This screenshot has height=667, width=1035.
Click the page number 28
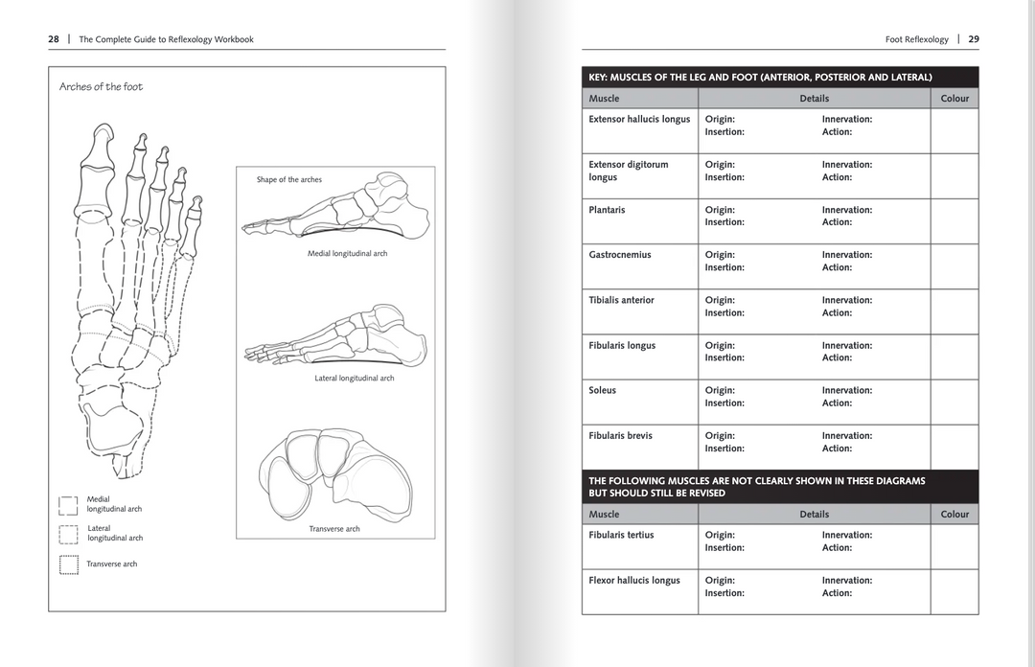point(54,39)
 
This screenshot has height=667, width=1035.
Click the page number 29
point(974,39)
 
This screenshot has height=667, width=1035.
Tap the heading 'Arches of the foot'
point(101,87)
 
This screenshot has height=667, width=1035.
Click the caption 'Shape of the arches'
point(289,180)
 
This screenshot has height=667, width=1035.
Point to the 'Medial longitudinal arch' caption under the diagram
point(347,254)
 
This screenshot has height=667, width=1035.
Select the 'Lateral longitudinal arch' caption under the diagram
point(354,379)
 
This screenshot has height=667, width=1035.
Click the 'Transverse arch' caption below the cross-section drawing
point(334,529)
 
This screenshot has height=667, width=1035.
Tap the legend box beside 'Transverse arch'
point(68,564)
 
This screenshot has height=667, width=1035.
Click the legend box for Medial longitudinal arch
point(68,505)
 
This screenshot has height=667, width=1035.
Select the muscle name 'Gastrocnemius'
point(619,255)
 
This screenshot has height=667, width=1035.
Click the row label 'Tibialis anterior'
point(621,300)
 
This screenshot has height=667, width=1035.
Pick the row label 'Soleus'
point(602,390)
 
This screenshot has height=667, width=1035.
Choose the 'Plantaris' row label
point(607,210)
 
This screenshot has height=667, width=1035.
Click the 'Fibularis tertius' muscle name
point(621,535)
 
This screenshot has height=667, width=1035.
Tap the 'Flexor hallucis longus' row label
point(633,580)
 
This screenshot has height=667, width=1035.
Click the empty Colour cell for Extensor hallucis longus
point(954,130)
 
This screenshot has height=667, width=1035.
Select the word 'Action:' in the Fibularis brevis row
point(837,448)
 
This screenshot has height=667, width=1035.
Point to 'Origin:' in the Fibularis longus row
point(720,345)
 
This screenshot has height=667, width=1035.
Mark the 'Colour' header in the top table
point(954,99)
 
